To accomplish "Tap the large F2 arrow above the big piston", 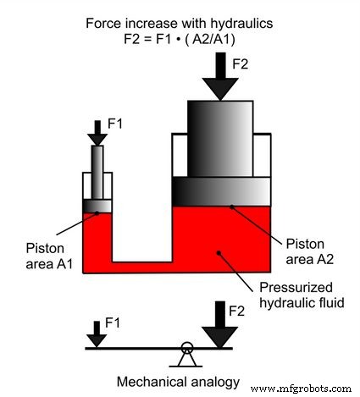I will click(226, 78).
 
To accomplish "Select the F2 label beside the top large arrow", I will click(254, 63).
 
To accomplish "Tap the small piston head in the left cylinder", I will click(97, 206).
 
